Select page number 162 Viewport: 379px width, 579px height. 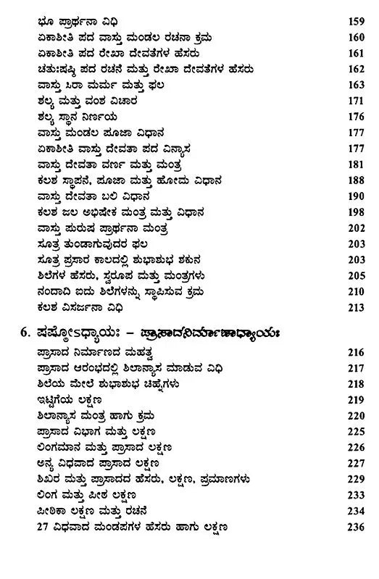[350, 70]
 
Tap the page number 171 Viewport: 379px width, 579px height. [350, 101]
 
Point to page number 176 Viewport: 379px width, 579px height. [350, 117]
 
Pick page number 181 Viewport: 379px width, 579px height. [350, 164]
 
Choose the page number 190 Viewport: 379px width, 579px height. [350, 196]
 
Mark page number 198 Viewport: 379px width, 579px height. [350, 212]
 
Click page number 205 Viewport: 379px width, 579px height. [350, 275]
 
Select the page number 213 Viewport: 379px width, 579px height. [350, 307]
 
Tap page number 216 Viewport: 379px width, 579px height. [350, 351]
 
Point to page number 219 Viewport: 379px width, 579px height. [350, 399]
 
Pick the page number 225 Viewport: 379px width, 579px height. [350, 431]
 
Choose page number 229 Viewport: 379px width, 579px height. [350, 479]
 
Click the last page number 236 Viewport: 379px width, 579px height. [350, 526]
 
